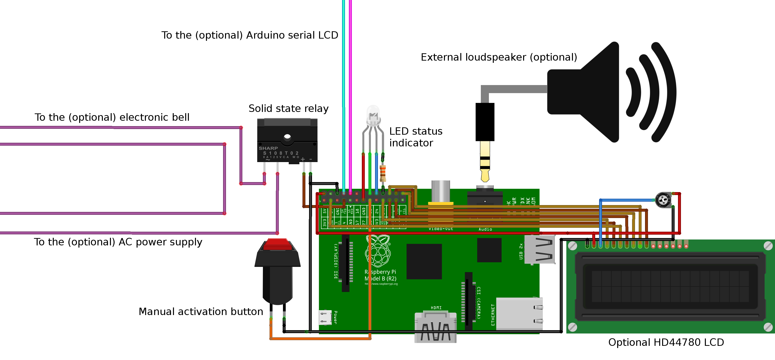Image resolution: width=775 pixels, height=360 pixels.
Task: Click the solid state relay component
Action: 287,140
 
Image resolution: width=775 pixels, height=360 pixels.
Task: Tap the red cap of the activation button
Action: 277,244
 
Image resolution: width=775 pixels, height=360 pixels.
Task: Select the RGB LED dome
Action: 373,115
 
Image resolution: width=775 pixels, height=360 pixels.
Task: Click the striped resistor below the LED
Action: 383,173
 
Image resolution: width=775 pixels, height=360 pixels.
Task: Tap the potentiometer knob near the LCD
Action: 663,200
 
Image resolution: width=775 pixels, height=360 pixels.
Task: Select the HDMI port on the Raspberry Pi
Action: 435,327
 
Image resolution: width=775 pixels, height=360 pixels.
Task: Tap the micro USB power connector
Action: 325,317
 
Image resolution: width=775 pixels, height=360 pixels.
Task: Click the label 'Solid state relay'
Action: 288,108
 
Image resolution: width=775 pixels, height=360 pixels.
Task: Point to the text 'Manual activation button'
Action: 201,312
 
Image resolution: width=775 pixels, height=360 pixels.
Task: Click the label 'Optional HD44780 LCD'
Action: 666,342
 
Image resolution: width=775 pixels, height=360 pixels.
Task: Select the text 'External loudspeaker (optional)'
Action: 498,57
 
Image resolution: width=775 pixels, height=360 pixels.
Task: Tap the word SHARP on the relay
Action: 268,148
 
